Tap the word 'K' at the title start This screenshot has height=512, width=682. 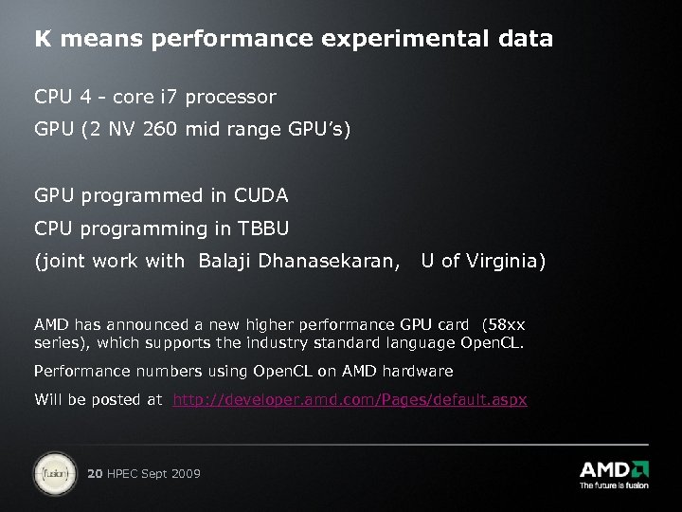click(x=43, y=39)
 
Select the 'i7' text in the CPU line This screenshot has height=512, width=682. click(x=174, y=97)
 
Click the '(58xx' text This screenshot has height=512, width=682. click(x=503, y=324)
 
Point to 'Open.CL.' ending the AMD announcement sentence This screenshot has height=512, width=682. click(x=492, y=341)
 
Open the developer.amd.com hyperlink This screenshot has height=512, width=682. click(x=350, y=400)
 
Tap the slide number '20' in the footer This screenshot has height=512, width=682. click(x=95, y=473)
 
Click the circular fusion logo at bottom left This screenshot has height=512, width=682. click(x=54, y=471)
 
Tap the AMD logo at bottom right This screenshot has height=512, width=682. click(x=613, y=468)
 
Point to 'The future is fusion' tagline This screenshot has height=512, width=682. click(x=613, y=485)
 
